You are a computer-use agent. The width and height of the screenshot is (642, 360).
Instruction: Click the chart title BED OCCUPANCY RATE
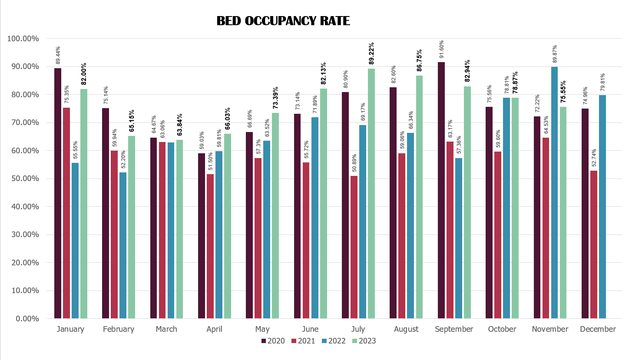coord(283,21)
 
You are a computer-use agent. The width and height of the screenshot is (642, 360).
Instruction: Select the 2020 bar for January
coord(58,193)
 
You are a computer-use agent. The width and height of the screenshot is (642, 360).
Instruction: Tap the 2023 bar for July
coord(371,193)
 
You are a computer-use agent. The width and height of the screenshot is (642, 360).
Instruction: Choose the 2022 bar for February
coord(123,245)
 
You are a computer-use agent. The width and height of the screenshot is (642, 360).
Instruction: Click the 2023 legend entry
coord(364,341)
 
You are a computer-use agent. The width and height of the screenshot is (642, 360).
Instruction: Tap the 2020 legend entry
coord(273,341)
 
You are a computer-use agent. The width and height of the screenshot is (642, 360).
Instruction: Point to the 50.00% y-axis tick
coord(23,178)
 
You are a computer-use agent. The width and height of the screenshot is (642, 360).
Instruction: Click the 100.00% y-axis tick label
coord(23,39)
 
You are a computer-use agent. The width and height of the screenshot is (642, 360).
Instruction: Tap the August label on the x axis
coord(406,329)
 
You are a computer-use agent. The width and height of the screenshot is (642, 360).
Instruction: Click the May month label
coord(262,329)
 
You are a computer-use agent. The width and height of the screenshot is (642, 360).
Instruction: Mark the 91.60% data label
coord(441,50)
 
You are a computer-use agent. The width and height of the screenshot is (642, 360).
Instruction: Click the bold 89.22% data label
coord(371,53)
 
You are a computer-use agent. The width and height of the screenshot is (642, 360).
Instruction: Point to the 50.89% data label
coord(354,163)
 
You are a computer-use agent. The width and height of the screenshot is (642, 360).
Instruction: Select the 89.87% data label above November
coord(555,54)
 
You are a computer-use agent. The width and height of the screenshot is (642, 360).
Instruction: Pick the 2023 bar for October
coord(515,208)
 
